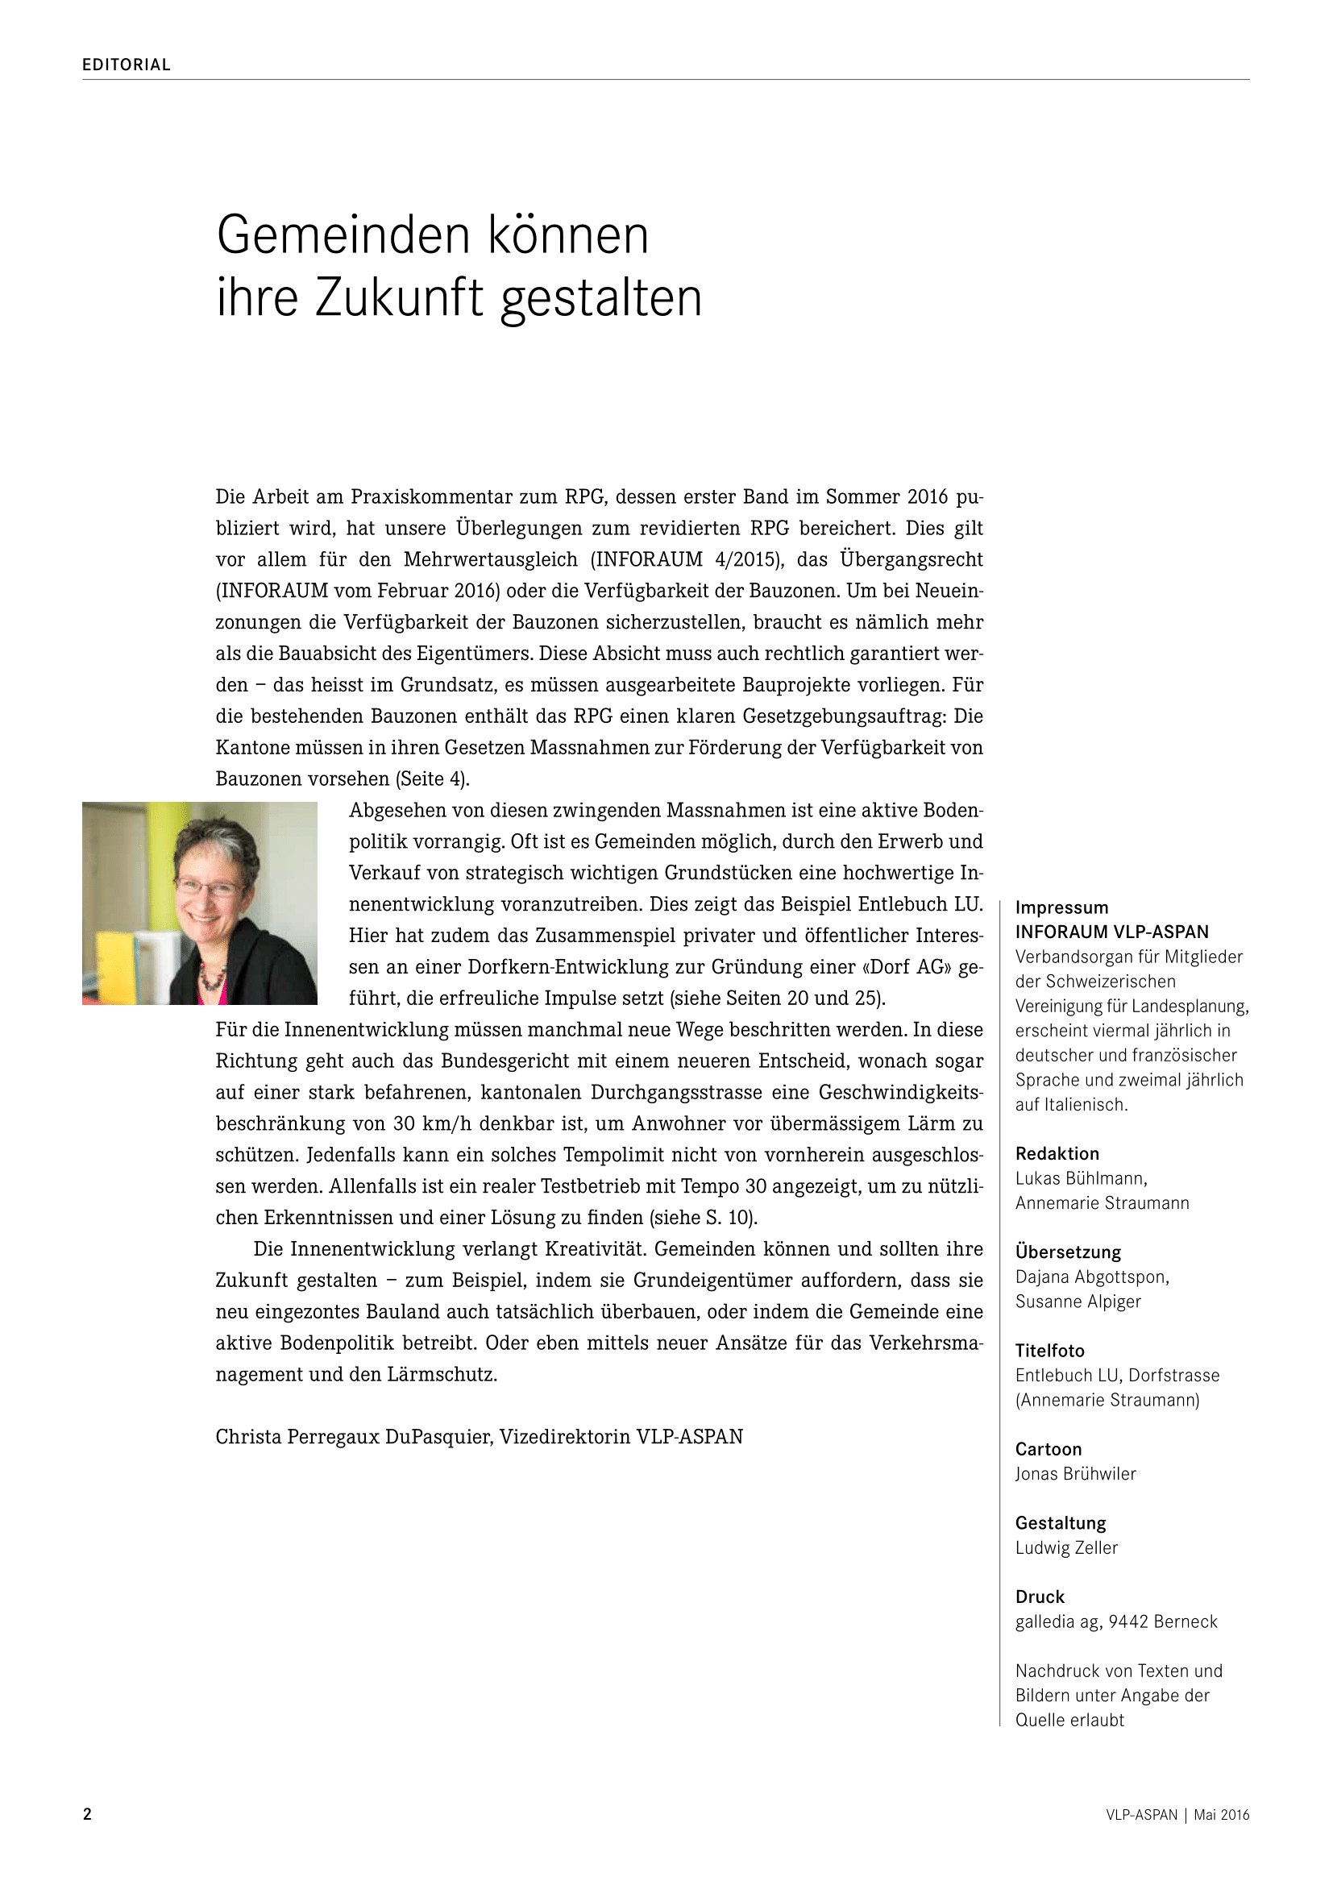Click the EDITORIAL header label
tap(127, 64)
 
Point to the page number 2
tap(87, 1814)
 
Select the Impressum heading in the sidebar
tap(1061, 907)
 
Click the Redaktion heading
tap(1057, 1153)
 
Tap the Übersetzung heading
tap(1068, 1252)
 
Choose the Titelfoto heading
tap(1050, 1351)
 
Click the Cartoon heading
tap(1049, 1449)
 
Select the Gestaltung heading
tap(1061, 1523)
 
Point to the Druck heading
tap(1040, 1596)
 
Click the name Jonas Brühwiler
tap(1075, 1474)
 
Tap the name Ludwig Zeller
tap(1066, 1547)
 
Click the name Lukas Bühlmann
tap(1080, 1178)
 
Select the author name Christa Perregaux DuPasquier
tap(353, 1437)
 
